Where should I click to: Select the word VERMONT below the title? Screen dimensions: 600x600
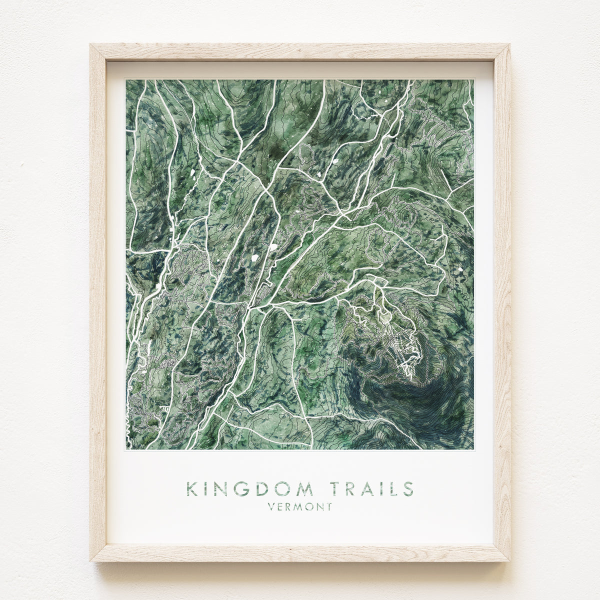[300, 507]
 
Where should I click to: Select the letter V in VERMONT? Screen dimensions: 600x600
[271, 507]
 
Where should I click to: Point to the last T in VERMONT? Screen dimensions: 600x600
[329, 507]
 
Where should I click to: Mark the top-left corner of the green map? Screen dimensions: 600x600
[126, 80]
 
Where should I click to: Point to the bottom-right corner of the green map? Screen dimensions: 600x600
[473, 449]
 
